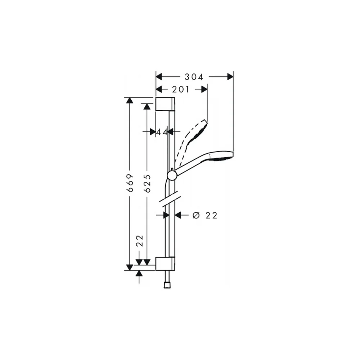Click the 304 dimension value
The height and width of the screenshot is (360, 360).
(194, 77)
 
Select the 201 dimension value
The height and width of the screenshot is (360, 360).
(181, 89)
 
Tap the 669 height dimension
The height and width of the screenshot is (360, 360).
(130, 183)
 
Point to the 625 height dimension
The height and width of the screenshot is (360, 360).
(147, 183)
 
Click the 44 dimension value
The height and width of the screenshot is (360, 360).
(162, 132)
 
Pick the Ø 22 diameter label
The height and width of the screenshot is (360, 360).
(205, 215)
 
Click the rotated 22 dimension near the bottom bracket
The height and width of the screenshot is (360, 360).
(139, 241)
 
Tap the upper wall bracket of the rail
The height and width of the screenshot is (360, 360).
(165, 104)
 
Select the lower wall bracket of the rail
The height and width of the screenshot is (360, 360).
(165, 264)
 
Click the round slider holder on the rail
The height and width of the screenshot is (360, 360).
(172, 176)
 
